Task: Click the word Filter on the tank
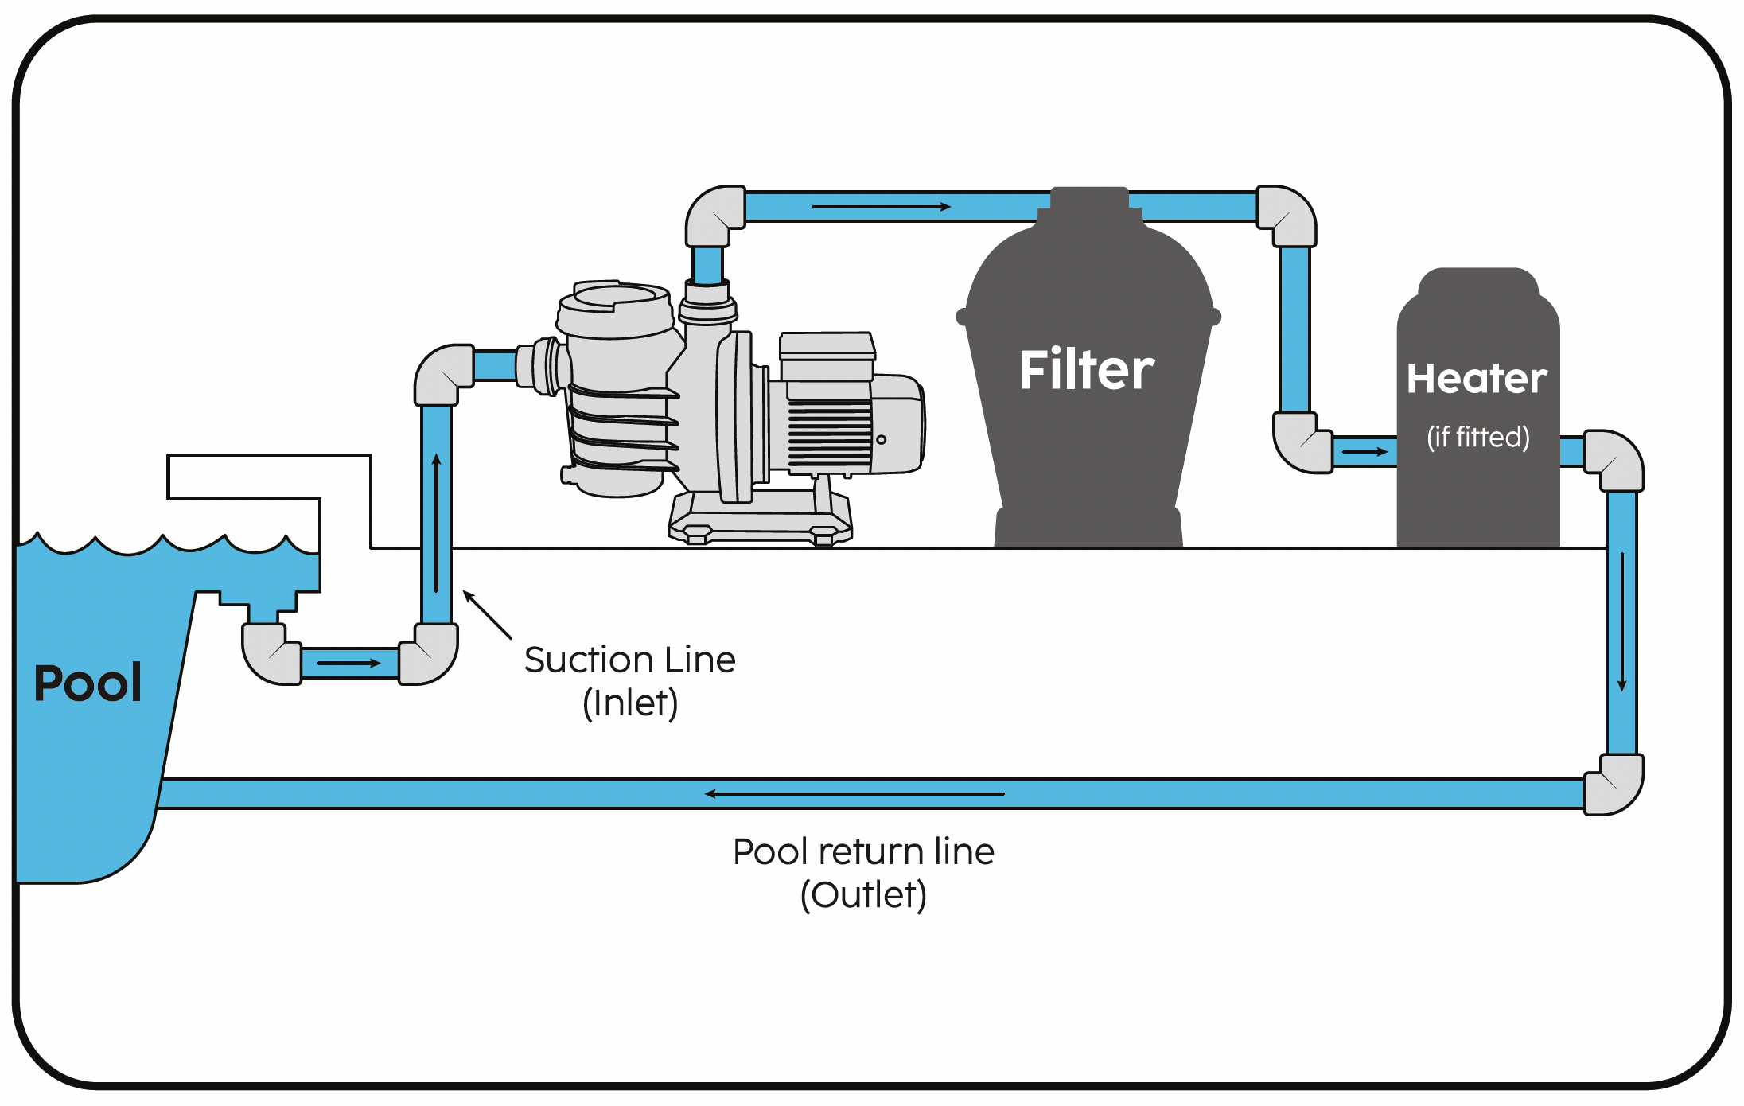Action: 1086,370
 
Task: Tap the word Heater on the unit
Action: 1477,379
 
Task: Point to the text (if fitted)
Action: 1477,437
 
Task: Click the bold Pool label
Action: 88,683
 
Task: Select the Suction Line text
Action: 629,660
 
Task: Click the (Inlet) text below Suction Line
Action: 630,703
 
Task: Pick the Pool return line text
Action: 863,852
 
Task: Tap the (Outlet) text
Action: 863,895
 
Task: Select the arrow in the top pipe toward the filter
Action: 881,207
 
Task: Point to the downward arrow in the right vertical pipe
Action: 1621,621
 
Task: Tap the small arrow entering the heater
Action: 1364,452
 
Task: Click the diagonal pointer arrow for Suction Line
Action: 487,614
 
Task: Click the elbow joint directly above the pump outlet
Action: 714,215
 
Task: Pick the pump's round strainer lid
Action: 614,298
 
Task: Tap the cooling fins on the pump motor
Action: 829,434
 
